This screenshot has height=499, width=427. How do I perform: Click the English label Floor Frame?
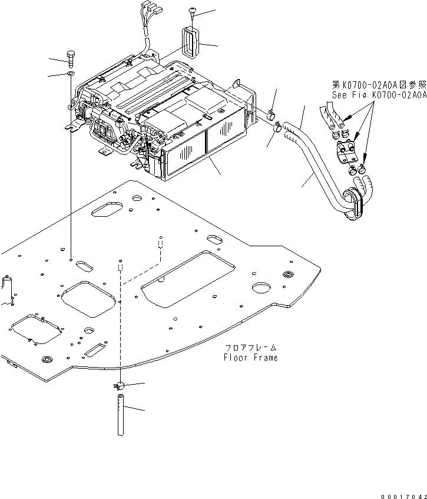click(250, 358)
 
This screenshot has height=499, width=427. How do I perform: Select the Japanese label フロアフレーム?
click(250, 348)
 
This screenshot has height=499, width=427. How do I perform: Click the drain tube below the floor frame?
click(120, 415)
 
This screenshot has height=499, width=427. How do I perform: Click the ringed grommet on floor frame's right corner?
click(289, 275)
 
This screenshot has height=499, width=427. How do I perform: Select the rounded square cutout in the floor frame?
click(87, 298)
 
